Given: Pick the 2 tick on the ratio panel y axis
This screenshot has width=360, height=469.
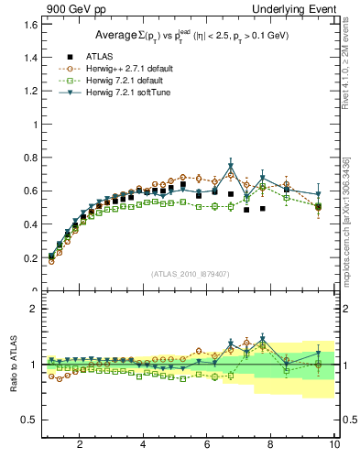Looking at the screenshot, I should click(x=32, y=309).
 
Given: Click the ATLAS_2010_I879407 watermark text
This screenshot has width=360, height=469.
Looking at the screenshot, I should click(x=190, y=274).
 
